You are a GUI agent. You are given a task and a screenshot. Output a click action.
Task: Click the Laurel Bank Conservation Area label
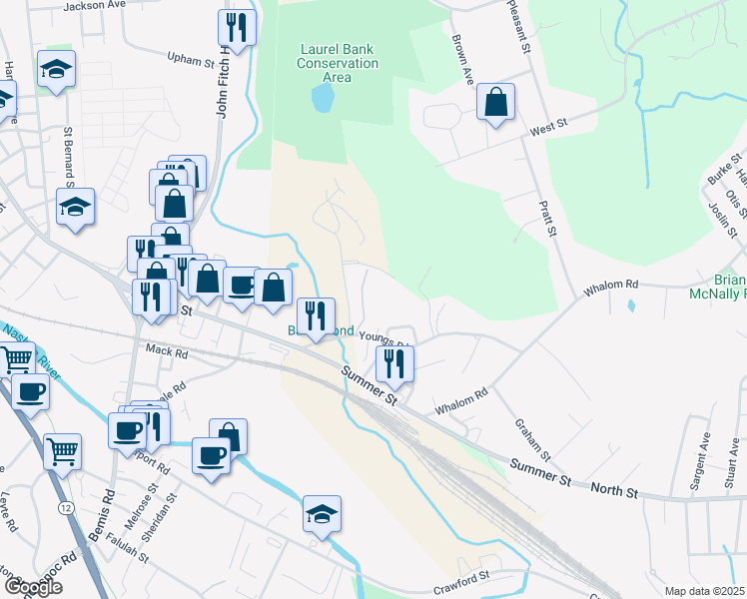coord(339,63)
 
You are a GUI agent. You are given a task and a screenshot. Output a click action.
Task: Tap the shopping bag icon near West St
coord(495,103)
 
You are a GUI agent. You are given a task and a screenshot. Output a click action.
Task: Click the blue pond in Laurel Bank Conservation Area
coord(323,98)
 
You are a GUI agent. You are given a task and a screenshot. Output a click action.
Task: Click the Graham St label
coord(526,435)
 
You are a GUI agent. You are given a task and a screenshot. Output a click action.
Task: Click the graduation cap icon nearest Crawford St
coord(322,514)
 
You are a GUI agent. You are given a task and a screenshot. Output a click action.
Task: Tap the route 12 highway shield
coord(65,508)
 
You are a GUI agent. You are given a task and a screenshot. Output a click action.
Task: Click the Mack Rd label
coord(166,351)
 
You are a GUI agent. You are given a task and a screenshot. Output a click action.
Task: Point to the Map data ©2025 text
coord(704,591)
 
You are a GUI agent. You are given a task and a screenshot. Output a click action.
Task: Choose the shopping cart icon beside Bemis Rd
coord(62,452)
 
